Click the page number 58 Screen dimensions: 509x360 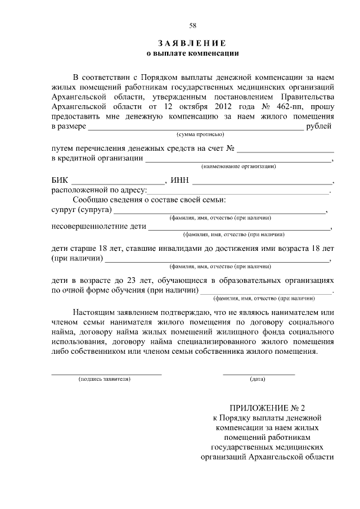click(192, 25)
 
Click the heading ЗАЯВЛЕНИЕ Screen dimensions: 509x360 click(192, 43)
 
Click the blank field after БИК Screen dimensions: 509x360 click(118, 182)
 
